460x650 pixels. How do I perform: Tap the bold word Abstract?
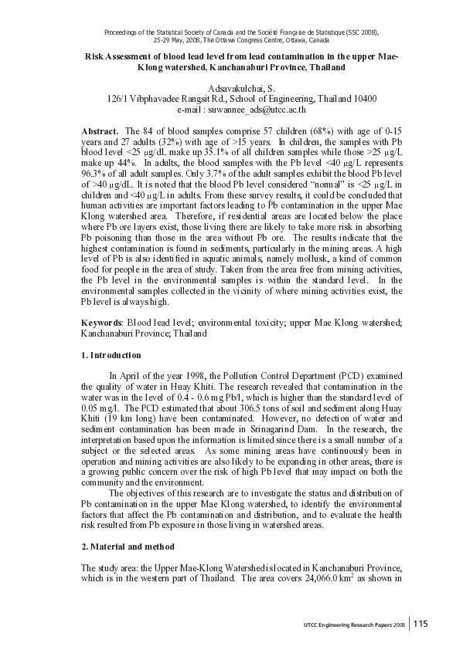(100, 132)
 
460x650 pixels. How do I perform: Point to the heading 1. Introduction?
(111, 355)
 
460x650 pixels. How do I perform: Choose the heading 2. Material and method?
(128, 546)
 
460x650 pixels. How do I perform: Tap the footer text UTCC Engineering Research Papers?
(343, 624)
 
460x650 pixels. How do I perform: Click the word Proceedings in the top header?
(122, 32)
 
